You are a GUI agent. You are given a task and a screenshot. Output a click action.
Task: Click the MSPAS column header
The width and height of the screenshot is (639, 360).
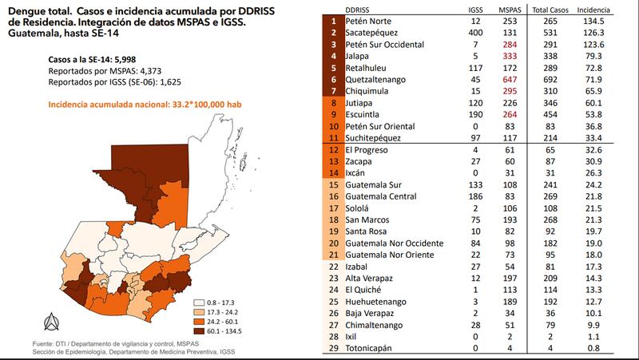tap(508, 8)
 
